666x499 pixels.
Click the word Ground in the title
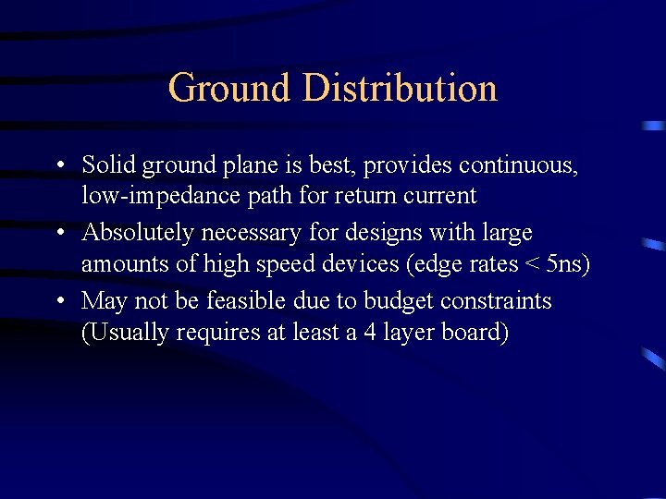229,89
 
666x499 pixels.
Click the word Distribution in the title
400,89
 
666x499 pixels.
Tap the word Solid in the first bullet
109,165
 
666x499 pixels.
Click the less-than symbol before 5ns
531,265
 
